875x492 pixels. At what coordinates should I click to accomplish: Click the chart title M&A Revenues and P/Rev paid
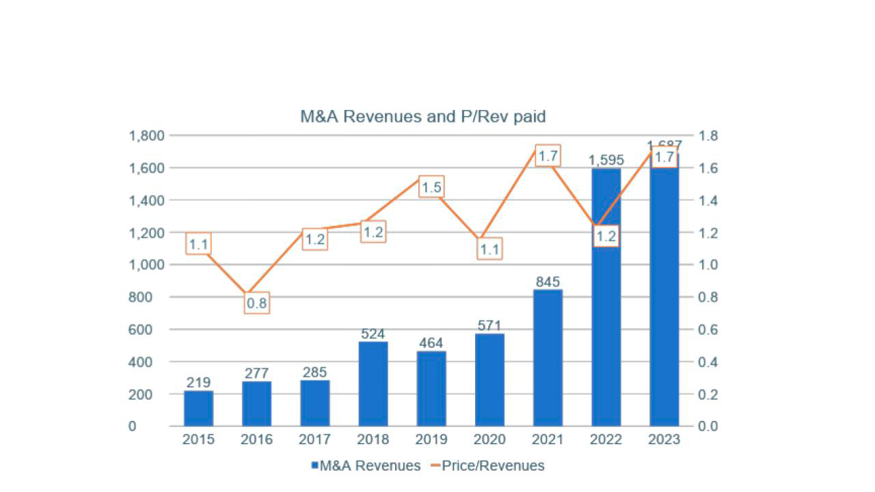pos(422,116)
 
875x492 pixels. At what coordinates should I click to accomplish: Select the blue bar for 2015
pos(198,408)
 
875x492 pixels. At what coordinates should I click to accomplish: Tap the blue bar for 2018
pos(373,383)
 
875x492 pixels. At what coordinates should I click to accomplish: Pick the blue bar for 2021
pos(548,357)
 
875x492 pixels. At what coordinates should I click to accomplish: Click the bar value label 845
pos(548,282)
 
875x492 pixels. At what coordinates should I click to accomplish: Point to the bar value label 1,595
pos(606,160)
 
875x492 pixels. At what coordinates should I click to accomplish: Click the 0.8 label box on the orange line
pos(256,303)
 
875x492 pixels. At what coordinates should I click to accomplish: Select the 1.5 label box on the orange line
pos(431,187)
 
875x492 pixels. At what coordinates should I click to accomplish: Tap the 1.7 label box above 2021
pos(548,156)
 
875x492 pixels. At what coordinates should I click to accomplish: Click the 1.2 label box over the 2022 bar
pos(606,236)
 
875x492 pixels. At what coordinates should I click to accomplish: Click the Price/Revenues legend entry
pos(487,466)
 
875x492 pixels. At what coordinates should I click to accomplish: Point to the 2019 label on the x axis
pos(431,439)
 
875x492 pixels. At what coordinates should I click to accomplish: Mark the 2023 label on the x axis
pos(664,439)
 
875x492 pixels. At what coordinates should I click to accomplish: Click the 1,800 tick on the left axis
pos(146,135)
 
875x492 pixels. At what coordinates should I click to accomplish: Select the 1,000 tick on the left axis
pos(146,265)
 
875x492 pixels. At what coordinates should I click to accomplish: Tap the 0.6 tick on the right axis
pos(708,329)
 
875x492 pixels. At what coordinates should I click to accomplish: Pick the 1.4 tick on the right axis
pos(708,200)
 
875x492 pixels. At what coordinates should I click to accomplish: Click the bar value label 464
pos(431,343)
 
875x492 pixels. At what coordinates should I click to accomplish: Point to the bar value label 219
pos(198,382)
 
